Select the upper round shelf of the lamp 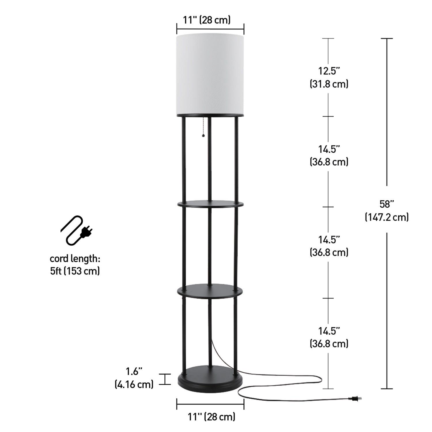pos(210,204)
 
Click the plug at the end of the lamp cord pos(355,399)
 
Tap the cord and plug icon pos(76,231)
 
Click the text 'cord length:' pos(75,259)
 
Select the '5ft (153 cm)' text pos(75,271)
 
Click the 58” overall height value pos(386,204)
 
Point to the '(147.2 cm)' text pos(386,217)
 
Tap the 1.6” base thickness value pos(134,372)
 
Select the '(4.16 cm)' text pos(134,384)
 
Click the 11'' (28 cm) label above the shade pos(207,20)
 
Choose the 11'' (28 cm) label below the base pos(211,416)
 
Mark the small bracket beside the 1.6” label pos(165,379)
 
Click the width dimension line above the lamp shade pos(210,29)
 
